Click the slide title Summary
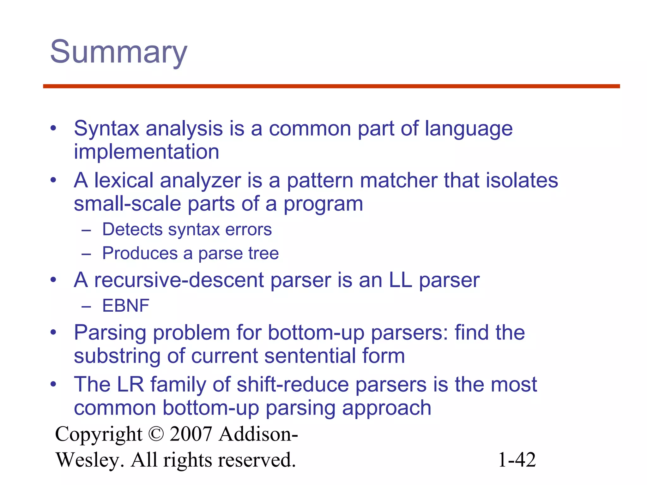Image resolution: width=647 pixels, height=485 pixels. tap(119, 52)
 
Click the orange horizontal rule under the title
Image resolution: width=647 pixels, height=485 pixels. tap(331, 86)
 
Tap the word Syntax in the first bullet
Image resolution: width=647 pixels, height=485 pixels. tap(106, 129)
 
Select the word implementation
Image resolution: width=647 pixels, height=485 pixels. tap(146, 152)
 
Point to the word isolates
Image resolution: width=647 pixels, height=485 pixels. tap(522, 181)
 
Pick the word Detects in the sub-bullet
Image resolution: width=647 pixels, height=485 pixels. tap(132, 230)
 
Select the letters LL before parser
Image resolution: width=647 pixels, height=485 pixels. tap(400, 280)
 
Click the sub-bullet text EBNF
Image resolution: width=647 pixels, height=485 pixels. tap(126, 306)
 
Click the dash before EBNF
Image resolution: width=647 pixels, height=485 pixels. tap(86, 306)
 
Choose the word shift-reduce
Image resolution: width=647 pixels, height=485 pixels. tap(293, 385)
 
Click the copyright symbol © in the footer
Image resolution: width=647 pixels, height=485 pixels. tap(156, 434)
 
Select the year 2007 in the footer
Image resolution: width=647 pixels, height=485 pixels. tap(190, 434)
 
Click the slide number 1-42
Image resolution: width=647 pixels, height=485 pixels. tap(517, 460)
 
